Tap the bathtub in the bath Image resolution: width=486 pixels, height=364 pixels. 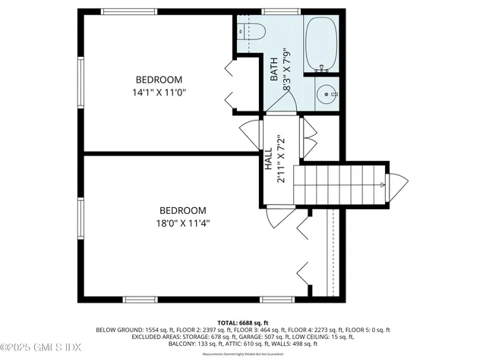(x=321, y=45)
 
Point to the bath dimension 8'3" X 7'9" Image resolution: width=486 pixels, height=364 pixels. (x=287, y=70)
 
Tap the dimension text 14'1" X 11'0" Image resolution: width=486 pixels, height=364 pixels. (x=159, y=93)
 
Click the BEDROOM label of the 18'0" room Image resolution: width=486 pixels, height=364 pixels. (x=182, y=210)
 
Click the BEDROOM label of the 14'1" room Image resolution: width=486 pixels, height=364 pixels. (x=159, y=80)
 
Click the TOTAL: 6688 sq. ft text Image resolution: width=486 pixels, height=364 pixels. (x=243, y=322)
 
